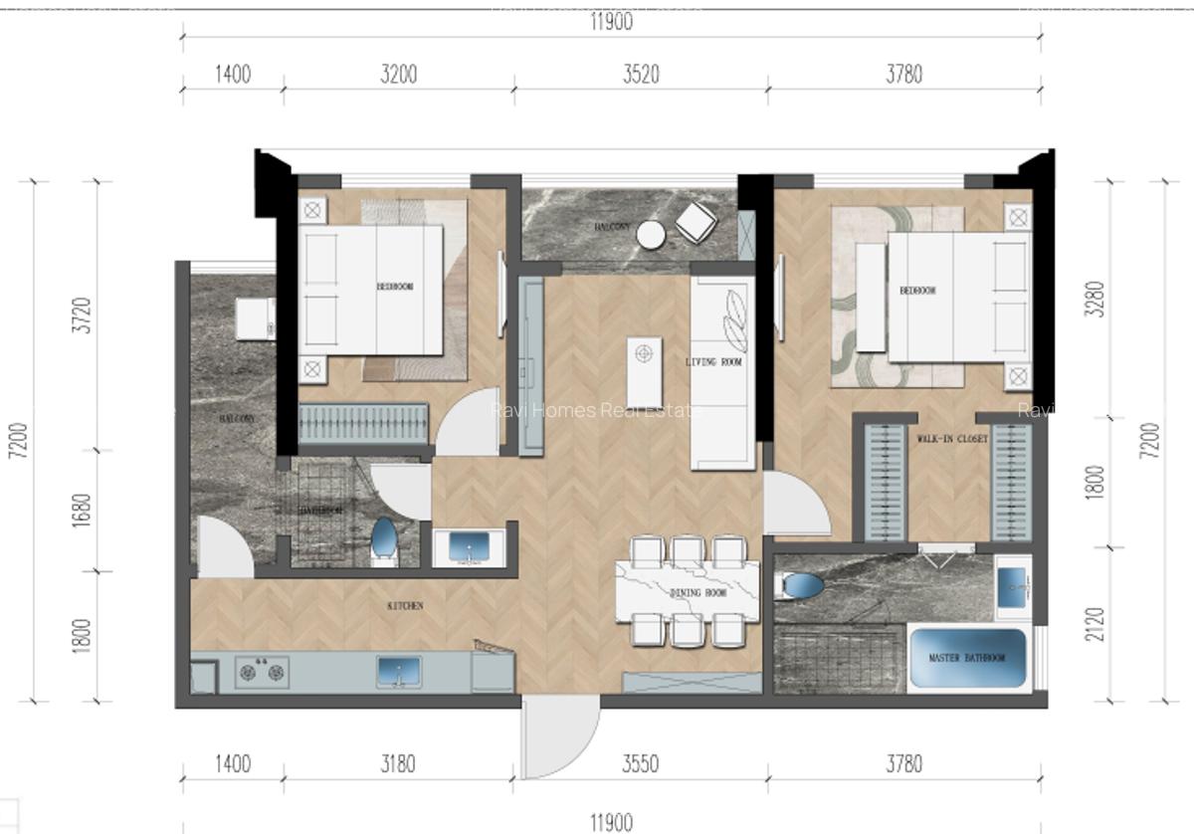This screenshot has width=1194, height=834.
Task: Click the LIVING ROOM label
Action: coord(714,362)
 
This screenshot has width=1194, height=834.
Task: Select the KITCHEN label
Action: coord(405,605)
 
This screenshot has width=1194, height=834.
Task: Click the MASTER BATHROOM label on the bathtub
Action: coord(966,659)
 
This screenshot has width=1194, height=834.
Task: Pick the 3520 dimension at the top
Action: coord(641,74)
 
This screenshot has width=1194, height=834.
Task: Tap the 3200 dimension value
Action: coord(398,74)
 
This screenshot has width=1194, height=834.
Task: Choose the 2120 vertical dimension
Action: coord(1095,623)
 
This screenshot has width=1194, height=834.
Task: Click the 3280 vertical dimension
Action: coord(1095,297)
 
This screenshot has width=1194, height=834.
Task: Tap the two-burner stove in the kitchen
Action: coord(262,672)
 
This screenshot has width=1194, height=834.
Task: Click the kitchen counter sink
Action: coord(398,672)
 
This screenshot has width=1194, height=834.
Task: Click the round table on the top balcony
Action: coord(651,234)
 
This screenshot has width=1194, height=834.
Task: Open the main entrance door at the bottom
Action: coord(559,736)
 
